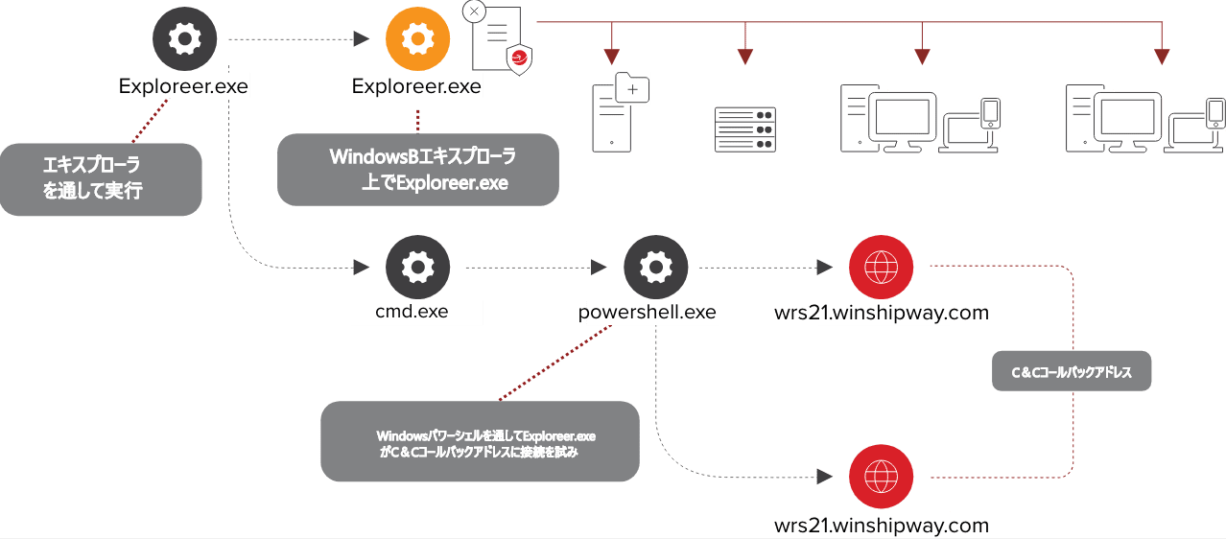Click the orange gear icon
tap(417, 39)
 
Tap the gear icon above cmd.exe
tap(417, 268)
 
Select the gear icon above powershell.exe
tap(655, 268)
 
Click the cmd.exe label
tap(412, 312)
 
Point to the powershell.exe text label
tap(647, 312)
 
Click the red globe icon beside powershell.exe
tap(881, 268)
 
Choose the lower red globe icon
tap(881, 476)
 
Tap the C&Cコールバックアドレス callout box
tap(1071, 372)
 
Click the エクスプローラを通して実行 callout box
tap(101, 178)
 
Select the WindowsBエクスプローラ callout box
tap(417, 169)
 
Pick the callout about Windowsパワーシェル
tap(480, 441)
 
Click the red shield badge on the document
tap(519, 59)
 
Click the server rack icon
tap(744, 129)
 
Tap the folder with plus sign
tap(631, 88)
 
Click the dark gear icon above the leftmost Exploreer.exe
tap(184, 39)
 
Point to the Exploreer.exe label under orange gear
tap(416, 86)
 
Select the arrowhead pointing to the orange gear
tap(362, 39)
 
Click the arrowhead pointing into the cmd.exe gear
tap(362, 267)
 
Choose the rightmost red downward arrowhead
tap(1163, 57)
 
